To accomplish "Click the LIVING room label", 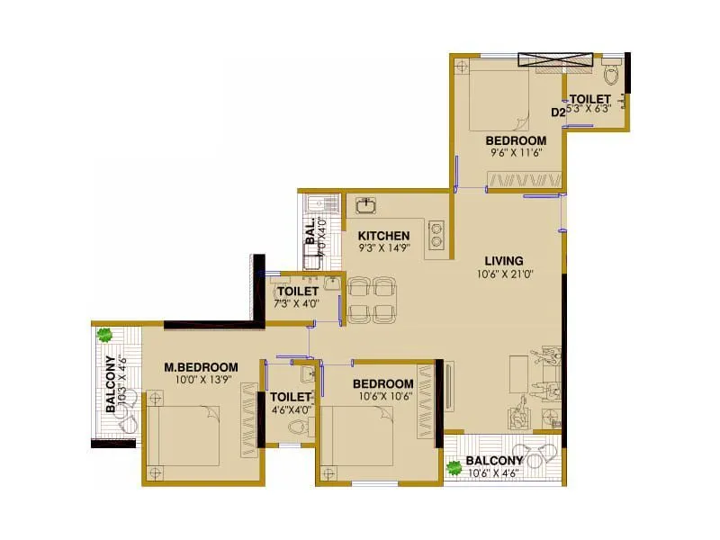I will [x=503, y=261].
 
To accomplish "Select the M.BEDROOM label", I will [x=201, y=366].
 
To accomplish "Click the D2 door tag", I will [x=558, y=112].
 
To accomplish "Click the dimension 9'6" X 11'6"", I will [x=516, y=154].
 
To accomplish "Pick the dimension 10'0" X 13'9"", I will [x=201, y=381].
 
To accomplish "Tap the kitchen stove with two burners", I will [x=437, y=233].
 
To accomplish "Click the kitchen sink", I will [x=366, y=205].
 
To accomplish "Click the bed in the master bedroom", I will [x=184, y=436].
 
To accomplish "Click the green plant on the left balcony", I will [x=104, y=335].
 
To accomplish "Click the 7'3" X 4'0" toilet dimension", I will [x=297, y=304].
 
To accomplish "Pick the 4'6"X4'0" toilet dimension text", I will [x=290, y=410].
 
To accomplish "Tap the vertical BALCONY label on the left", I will [x=111, y=385].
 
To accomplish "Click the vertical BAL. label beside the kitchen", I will [x=310, y=231].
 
